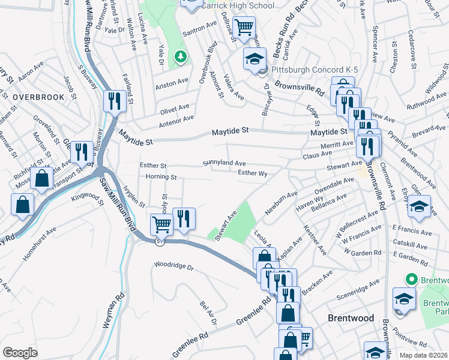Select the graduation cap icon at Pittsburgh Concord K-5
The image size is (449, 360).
(x=254, y=59)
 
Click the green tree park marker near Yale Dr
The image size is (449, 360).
(x=179, y=56)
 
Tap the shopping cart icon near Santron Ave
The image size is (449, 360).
(x=244, y=27)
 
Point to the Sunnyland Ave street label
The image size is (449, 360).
(x=224, y=163)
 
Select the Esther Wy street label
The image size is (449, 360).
(x=252, y=173)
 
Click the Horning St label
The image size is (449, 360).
(x=161, y=177)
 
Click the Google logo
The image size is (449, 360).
(x=20, y=353)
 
